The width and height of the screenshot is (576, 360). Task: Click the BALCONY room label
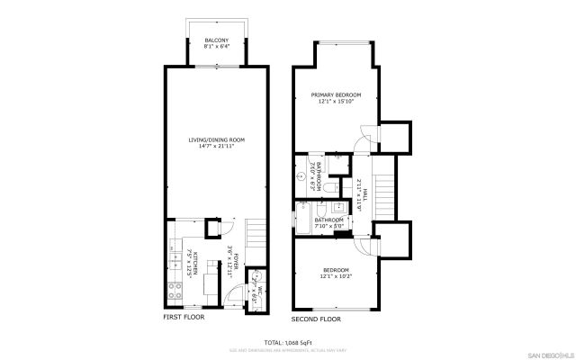pyautogui.click(x=216, y=40)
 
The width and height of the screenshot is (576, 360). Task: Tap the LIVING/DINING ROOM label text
pyautogui.click(x=216, y=140)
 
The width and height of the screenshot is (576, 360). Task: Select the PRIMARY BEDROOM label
pyautogui.click(x=337, y=94)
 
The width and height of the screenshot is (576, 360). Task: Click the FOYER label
pyautogui.click(x=230, y=260)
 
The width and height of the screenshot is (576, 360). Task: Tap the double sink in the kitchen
pyautogui.click(x=174, y=262)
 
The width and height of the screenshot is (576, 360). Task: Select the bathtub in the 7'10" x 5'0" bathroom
pyautogui.click(x=303, y=218)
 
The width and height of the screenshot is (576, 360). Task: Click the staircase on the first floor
pyautogui.click(x=255, y=237)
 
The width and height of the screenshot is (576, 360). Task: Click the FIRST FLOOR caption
pyautogui.click(x=183, y=317)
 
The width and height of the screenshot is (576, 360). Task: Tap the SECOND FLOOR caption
pyautogui.click(x=316, y=319)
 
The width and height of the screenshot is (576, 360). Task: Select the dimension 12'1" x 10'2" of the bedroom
pyautogui.click(x=337, y=276)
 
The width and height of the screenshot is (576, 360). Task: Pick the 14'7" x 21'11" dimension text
pyautogui.click(x=216, y=147)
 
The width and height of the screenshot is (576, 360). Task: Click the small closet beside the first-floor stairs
pyautogui.click(x=214, y=226)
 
